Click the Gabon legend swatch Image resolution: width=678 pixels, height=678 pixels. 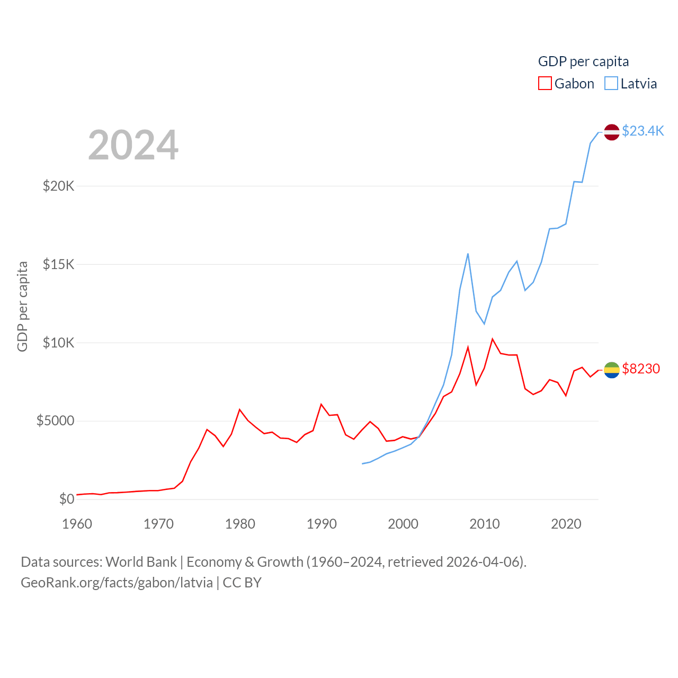pyautogui.click(x=545, y=84)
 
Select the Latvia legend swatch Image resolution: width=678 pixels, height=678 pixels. pyautogui.click(x=611, y=84)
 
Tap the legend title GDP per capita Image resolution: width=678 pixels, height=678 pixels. pyautogui.click(x=583, y=61)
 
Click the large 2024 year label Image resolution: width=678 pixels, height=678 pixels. pyautogui.click(x=133, y=145)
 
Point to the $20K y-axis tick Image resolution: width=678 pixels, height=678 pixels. pyautogui.click(x=59, y=186)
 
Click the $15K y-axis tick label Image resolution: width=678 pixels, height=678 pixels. pyautogui.click(x=59, y=264)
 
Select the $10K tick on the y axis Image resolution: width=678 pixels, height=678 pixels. pyautogui.click(x=59, y=343)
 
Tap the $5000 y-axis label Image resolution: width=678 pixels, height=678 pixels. pyautogui.click(x=56, y=421)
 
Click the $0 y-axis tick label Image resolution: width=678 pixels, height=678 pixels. pyautogui.click(x=67, y=499)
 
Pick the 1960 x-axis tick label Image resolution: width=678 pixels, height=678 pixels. pyautogui.click(x=77, y=524)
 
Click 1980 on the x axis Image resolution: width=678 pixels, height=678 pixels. pyautogui.click(x=240, y=524)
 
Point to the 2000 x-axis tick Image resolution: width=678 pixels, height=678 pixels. pyautogui.click(x=403, y=524)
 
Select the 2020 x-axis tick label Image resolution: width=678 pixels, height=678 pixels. pyautogui.click(x=566, y=524)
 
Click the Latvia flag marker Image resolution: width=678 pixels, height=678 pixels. pyautogui.click(x=612, y=132)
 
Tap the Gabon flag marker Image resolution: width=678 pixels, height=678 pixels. pyautogui.click(x=612, y=370)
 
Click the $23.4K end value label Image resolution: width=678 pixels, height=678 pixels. pyautogui.click(x=643, y=131)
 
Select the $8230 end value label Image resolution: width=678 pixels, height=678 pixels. pyautogui.click(x=641, y=369)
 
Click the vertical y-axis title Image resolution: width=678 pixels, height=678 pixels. pyautogui.click(x=22, y=306)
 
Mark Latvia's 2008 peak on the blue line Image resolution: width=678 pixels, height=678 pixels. pyautogui.click(x=468, y=254)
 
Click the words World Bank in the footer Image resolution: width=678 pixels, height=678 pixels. pyautogui.click(x=141, y=562)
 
